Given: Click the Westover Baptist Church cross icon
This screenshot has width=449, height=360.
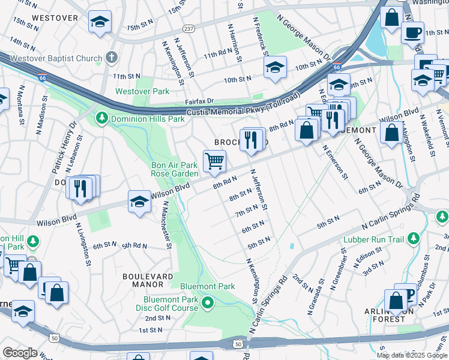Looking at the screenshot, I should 110,58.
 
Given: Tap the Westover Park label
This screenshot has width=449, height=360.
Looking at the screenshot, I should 142,92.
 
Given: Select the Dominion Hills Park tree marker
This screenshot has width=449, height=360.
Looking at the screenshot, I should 103,118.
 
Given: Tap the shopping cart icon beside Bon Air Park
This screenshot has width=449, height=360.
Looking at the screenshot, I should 214,161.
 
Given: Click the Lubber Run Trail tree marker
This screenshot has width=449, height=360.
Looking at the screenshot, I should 413,239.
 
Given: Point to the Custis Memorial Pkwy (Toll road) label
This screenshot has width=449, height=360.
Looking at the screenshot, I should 243,106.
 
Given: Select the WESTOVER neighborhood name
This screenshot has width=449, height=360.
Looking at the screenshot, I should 55,18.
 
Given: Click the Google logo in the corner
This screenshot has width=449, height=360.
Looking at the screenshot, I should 20,353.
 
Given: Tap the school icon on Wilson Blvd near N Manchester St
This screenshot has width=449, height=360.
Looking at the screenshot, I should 139,201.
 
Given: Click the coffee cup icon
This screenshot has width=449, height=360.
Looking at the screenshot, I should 412,32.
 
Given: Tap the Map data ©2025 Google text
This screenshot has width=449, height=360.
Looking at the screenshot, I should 412,355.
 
